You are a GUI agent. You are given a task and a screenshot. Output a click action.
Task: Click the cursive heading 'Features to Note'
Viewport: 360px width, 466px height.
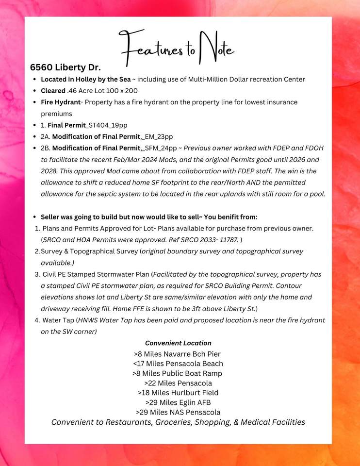(x=178, y=49)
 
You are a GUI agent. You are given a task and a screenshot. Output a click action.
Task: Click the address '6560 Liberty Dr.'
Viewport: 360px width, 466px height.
(x=65, y=67)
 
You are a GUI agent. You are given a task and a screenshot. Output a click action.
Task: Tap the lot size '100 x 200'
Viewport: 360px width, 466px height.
(x=121, y=91)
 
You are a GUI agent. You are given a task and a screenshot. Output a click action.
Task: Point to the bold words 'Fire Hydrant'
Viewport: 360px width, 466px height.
(x=61, y=102)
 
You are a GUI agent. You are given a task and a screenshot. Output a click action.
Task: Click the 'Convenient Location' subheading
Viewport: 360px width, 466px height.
(x=178, y=343)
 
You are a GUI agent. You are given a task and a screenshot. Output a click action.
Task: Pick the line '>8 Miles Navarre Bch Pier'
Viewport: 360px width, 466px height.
(x=177, y=354)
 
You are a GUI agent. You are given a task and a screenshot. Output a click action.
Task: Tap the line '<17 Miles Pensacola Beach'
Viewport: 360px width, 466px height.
(x=178, y=364)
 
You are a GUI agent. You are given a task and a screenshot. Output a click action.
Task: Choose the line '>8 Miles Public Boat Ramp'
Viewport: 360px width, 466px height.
(x=177, y=373)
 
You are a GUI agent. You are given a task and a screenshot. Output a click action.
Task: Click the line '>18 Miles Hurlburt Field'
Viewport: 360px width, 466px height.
(x=178, y=393)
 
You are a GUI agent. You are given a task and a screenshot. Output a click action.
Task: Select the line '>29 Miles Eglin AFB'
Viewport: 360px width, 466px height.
(x=178, y=402)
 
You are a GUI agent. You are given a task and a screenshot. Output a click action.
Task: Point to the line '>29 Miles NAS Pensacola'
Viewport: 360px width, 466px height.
(x=178, y=412)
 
